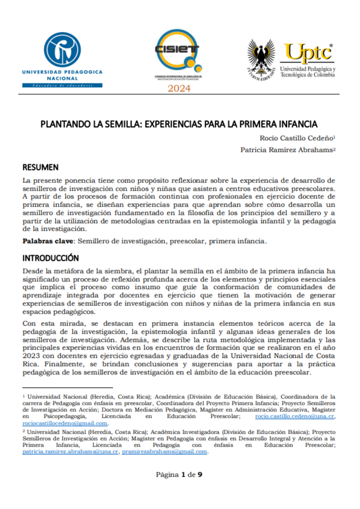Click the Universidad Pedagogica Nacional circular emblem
click(x=62, y=50)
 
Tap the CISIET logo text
click(x=177, y=49)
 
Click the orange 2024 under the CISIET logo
click(x=179, y=88)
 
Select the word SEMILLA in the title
click(x=122, y=124)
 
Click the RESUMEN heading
click(x=40, y=167)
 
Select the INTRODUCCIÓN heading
click(x=51, y=258)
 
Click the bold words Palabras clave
click(x=48, y=241)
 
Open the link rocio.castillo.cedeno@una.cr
click(x=295, y=416)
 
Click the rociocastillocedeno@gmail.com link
click(x=65, y=423)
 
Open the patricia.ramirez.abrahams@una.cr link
click(x=70, y=451)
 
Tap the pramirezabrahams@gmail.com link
click(x=164, y=451)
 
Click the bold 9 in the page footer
click(x=200, y=475)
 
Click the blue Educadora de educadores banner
click(x=62, y=86)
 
